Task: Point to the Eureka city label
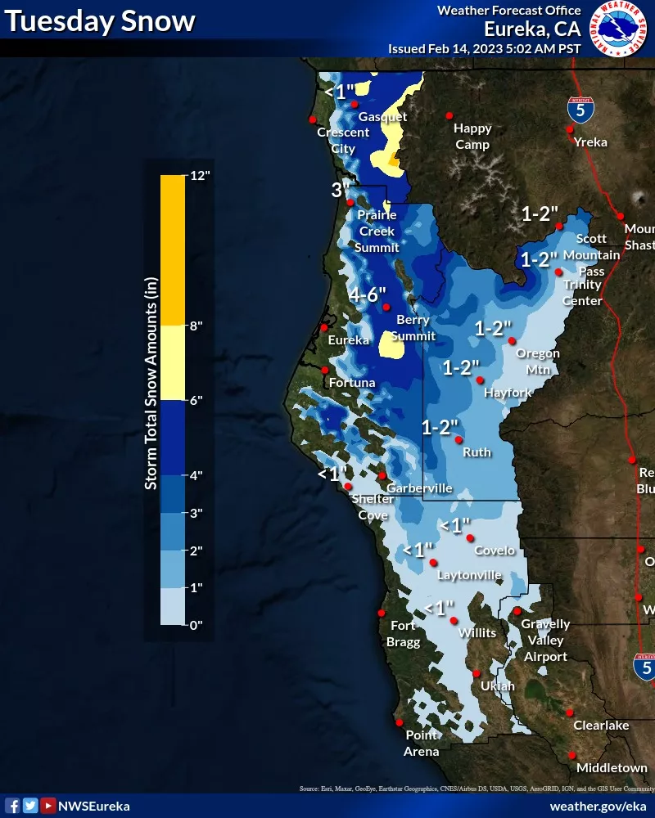coord(348,340)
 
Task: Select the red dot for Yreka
coord(570,129)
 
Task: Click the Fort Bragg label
coord(404,634)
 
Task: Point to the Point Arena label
coord(422,743)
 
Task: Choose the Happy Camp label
coord(472,136)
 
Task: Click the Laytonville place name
coord(469,575)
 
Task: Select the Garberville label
coord(419,488)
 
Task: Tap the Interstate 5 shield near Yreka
coord(580,109)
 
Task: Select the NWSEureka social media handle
coord(95,806)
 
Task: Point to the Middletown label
coord(611,768)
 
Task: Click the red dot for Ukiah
coord(477,674)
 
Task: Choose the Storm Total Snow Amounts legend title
coord(151,383)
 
